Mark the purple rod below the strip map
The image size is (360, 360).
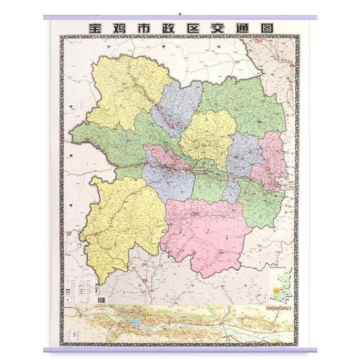[180, 350]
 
